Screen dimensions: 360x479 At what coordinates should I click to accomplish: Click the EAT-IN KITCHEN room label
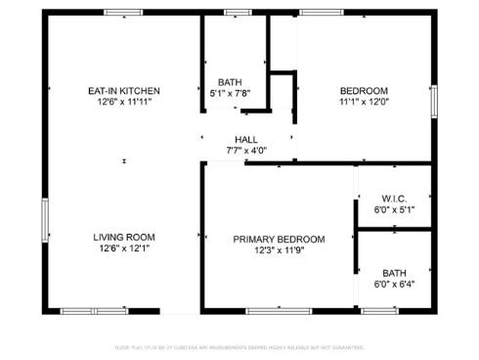(x=123, y=91)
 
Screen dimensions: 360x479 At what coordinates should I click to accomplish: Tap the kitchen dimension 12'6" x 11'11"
(x=123, y=102)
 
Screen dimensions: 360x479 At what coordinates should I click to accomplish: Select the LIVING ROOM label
(x=123, y=237)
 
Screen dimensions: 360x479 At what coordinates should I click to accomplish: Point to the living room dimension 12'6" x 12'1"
(x=123, y=248)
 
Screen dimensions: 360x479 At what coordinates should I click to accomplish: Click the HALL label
(x=245, y=139)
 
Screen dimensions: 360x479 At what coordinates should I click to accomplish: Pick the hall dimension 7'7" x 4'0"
(x=245, y=150)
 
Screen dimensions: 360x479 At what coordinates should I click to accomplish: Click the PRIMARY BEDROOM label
(x=279, y=239)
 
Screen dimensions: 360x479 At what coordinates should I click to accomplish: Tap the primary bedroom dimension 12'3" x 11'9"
(x=279, y=250)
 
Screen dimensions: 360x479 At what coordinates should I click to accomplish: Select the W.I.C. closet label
(x=394, y=198)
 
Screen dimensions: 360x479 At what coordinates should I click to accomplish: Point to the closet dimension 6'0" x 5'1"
(x=394, y=208)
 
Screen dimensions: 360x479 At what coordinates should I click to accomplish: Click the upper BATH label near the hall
(x=230, y=82)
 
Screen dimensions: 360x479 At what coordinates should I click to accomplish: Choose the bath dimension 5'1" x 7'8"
(x=230, y=93)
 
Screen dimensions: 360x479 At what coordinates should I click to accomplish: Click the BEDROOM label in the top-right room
(x=364, y=90)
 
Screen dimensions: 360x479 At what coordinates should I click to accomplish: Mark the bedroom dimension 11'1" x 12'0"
(x=364, y=101)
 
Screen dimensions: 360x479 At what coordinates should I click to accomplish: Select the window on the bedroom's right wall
(x=434, y=101)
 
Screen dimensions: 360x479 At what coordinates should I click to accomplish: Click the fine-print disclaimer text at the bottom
(x=239, y=347)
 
